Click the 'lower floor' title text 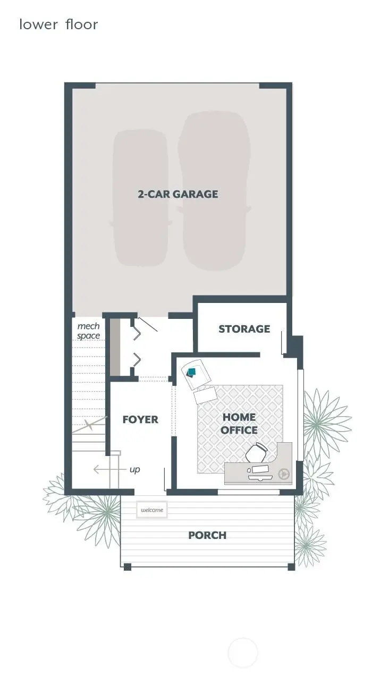(58, 24)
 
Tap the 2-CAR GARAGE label (177, 194)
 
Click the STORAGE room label (244, 329)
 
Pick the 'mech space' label (88, 331)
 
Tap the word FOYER (140, 419)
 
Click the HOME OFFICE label (239, 424)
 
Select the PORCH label (207, 535)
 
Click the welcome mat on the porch (151, 510)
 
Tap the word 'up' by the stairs (135, 470)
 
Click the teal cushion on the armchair (192, 372)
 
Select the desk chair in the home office (256, 453)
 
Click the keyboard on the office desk (260, 470)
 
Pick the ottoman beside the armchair (206, 395)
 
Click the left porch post (127, 567)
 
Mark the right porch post (291, 567)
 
